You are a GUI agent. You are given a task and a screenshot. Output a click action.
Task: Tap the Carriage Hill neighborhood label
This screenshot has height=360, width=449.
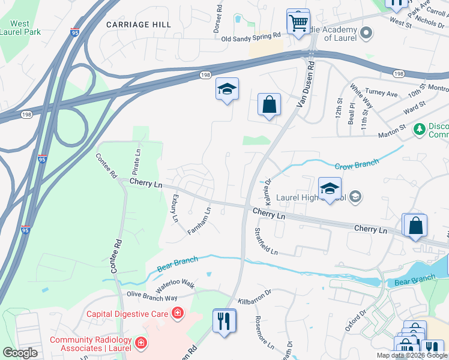[x=138, y=25]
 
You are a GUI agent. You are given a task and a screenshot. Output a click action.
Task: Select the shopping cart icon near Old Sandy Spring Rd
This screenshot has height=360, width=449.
[x=298, y=23]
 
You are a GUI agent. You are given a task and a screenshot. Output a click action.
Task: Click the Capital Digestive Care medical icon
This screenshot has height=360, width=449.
[x=177, y=313]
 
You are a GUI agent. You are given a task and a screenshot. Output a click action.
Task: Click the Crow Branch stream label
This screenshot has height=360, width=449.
[x=357, y=163]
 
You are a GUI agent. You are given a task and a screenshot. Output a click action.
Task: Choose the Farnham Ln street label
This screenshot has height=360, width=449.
[x=200, y=221]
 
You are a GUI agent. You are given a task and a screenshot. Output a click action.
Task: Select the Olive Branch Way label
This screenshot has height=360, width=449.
[x=152, y=297]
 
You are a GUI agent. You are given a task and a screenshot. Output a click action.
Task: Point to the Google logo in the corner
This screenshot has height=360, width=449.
[x=20, y=353]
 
